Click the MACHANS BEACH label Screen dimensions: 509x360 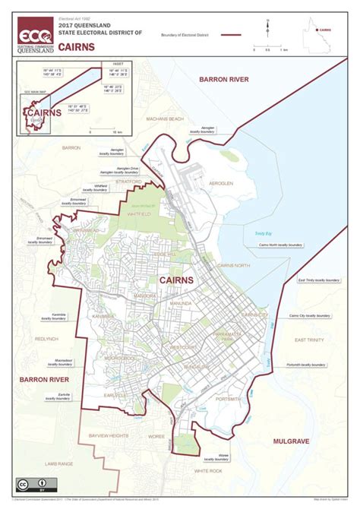(x=166, y=119)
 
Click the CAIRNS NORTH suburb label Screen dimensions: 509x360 (x=233, y=264)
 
